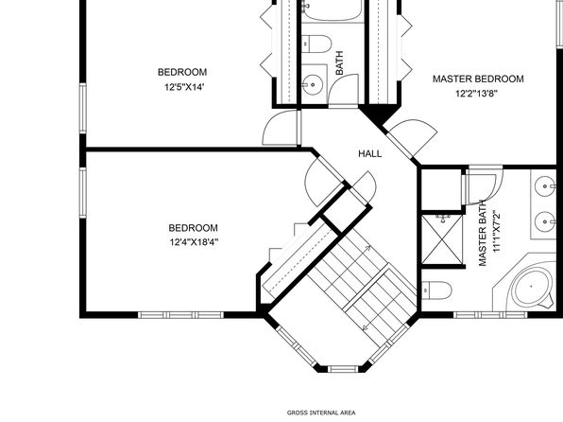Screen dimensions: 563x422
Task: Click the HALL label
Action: [370, 153]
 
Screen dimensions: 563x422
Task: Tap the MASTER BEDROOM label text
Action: [478, 79]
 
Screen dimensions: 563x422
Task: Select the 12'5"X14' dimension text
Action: [184, 87]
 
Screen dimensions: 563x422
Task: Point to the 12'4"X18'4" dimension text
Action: [194, 242]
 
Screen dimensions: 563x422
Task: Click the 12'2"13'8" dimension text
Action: [476, 94]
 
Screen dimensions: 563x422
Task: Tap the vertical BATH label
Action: [339, 63]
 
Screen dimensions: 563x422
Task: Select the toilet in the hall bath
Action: [316, 44]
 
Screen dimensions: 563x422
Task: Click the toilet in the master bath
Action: [436, 290]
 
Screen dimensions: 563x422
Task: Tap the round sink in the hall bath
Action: [313, 85]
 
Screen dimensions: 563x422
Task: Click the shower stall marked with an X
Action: [442, 238]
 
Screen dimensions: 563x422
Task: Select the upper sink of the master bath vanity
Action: [546, 186]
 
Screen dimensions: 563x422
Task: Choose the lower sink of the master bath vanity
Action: [546, 221]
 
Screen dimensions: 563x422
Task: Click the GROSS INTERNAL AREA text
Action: [321, 413]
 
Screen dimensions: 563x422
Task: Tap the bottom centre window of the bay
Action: [344, 369]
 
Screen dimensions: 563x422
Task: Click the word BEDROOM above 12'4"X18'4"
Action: [193, 228]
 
